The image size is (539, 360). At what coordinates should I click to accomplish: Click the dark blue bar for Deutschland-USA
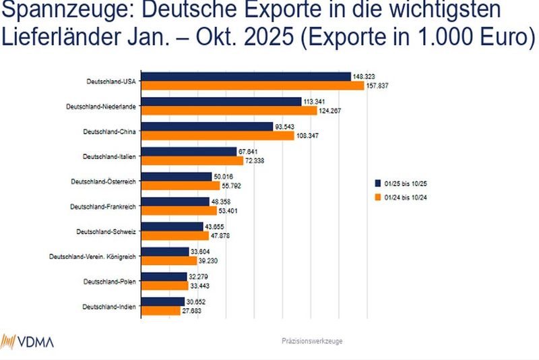click(x=245, y=77)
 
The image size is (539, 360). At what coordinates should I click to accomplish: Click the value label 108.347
click(x=310, y=136)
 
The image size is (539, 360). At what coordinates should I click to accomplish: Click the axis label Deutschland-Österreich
click(x=104, y=181)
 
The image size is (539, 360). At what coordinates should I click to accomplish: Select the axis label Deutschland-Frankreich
click(x=104, y=206)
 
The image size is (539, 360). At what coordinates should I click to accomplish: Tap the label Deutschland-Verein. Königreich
click(x=93, y=256)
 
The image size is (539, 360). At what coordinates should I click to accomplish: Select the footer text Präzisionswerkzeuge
click(x=312, y=341)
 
